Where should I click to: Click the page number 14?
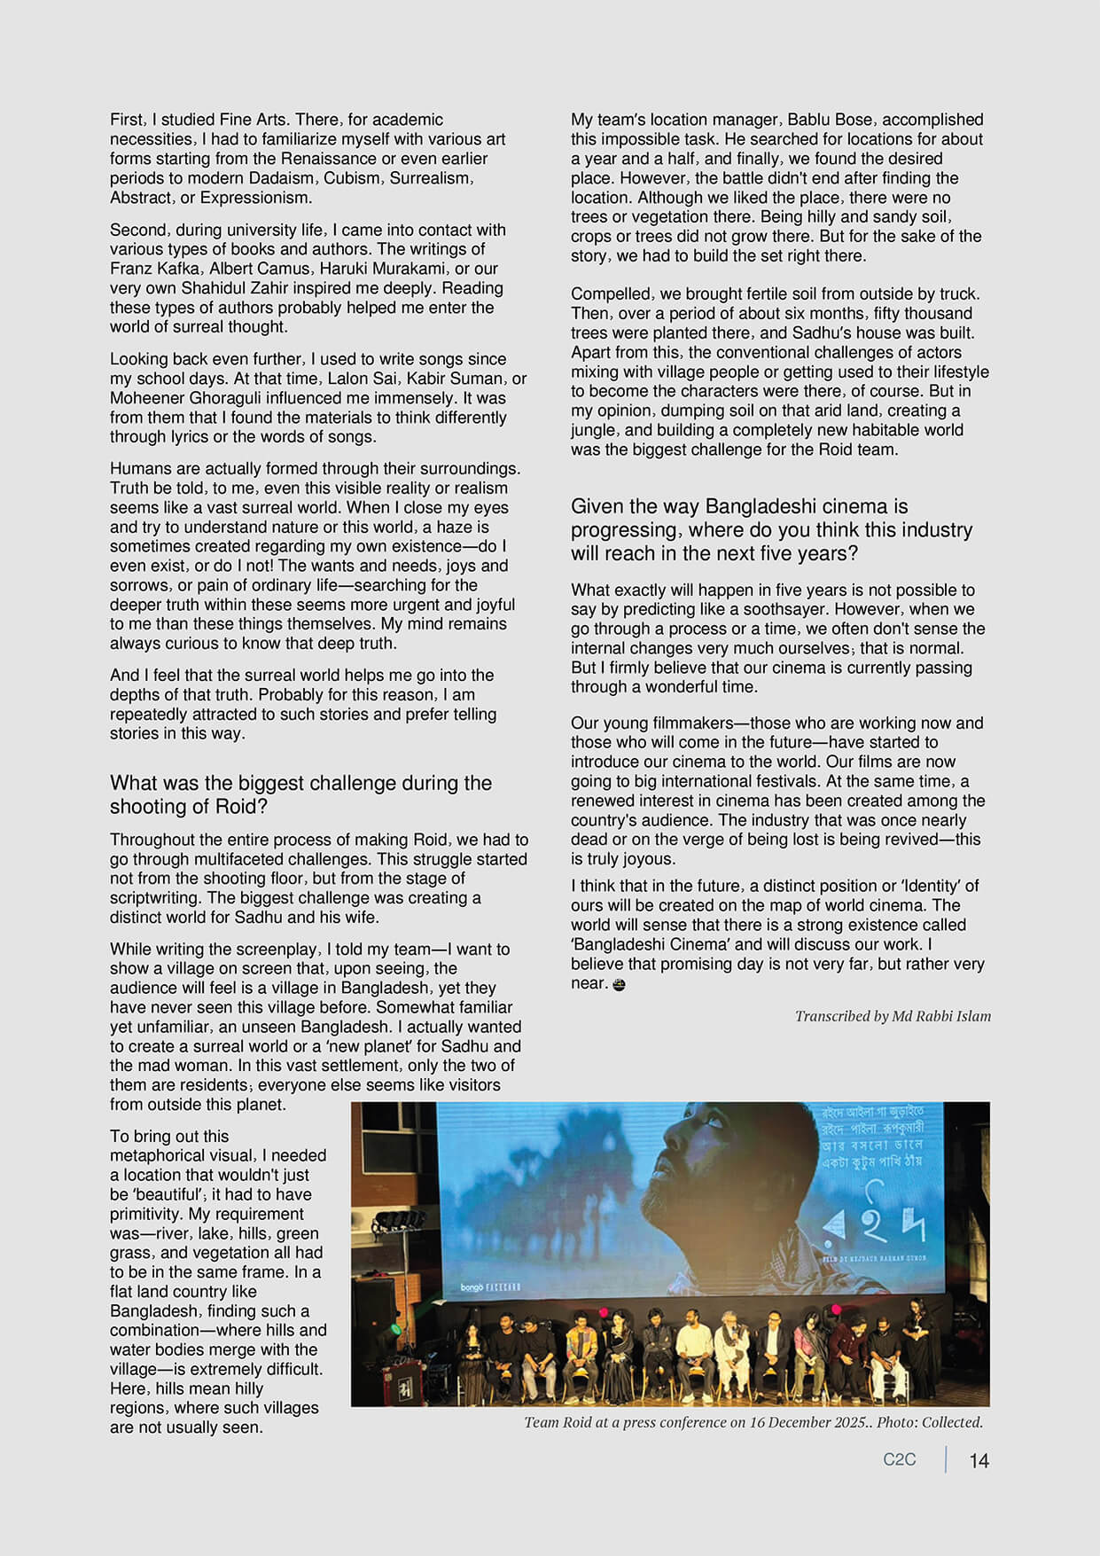979,1460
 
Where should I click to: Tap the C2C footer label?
899,1459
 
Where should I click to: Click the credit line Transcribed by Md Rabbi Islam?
893,1016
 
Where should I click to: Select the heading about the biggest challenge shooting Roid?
300,794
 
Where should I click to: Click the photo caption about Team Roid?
753,1422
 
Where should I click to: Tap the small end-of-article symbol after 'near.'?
619,984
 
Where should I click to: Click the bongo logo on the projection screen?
472,1286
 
